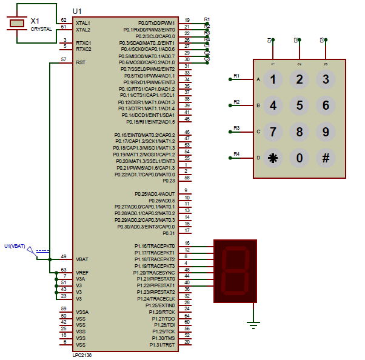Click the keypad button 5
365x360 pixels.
(299, 105)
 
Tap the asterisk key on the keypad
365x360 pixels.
(273, 158)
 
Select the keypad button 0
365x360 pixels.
(299, 158)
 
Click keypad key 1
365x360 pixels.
(273, 79)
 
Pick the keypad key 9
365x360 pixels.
(326, 132)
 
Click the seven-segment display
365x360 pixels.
(235, 271)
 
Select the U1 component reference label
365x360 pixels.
(76, 12)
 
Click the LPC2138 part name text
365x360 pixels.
(82, 355)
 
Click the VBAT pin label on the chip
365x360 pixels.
(82, 258)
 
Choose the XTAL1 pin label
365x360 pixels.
(83, 22)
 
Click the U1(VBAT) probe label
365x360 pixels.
(15, 245)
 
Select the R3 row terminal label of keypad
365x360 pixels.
(236, 128)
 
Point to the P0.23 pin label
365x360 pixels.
(169, 181)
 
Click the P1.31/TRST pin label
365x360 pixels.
(162, 345)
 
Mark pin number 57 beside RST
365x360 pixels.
(64, 59)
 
